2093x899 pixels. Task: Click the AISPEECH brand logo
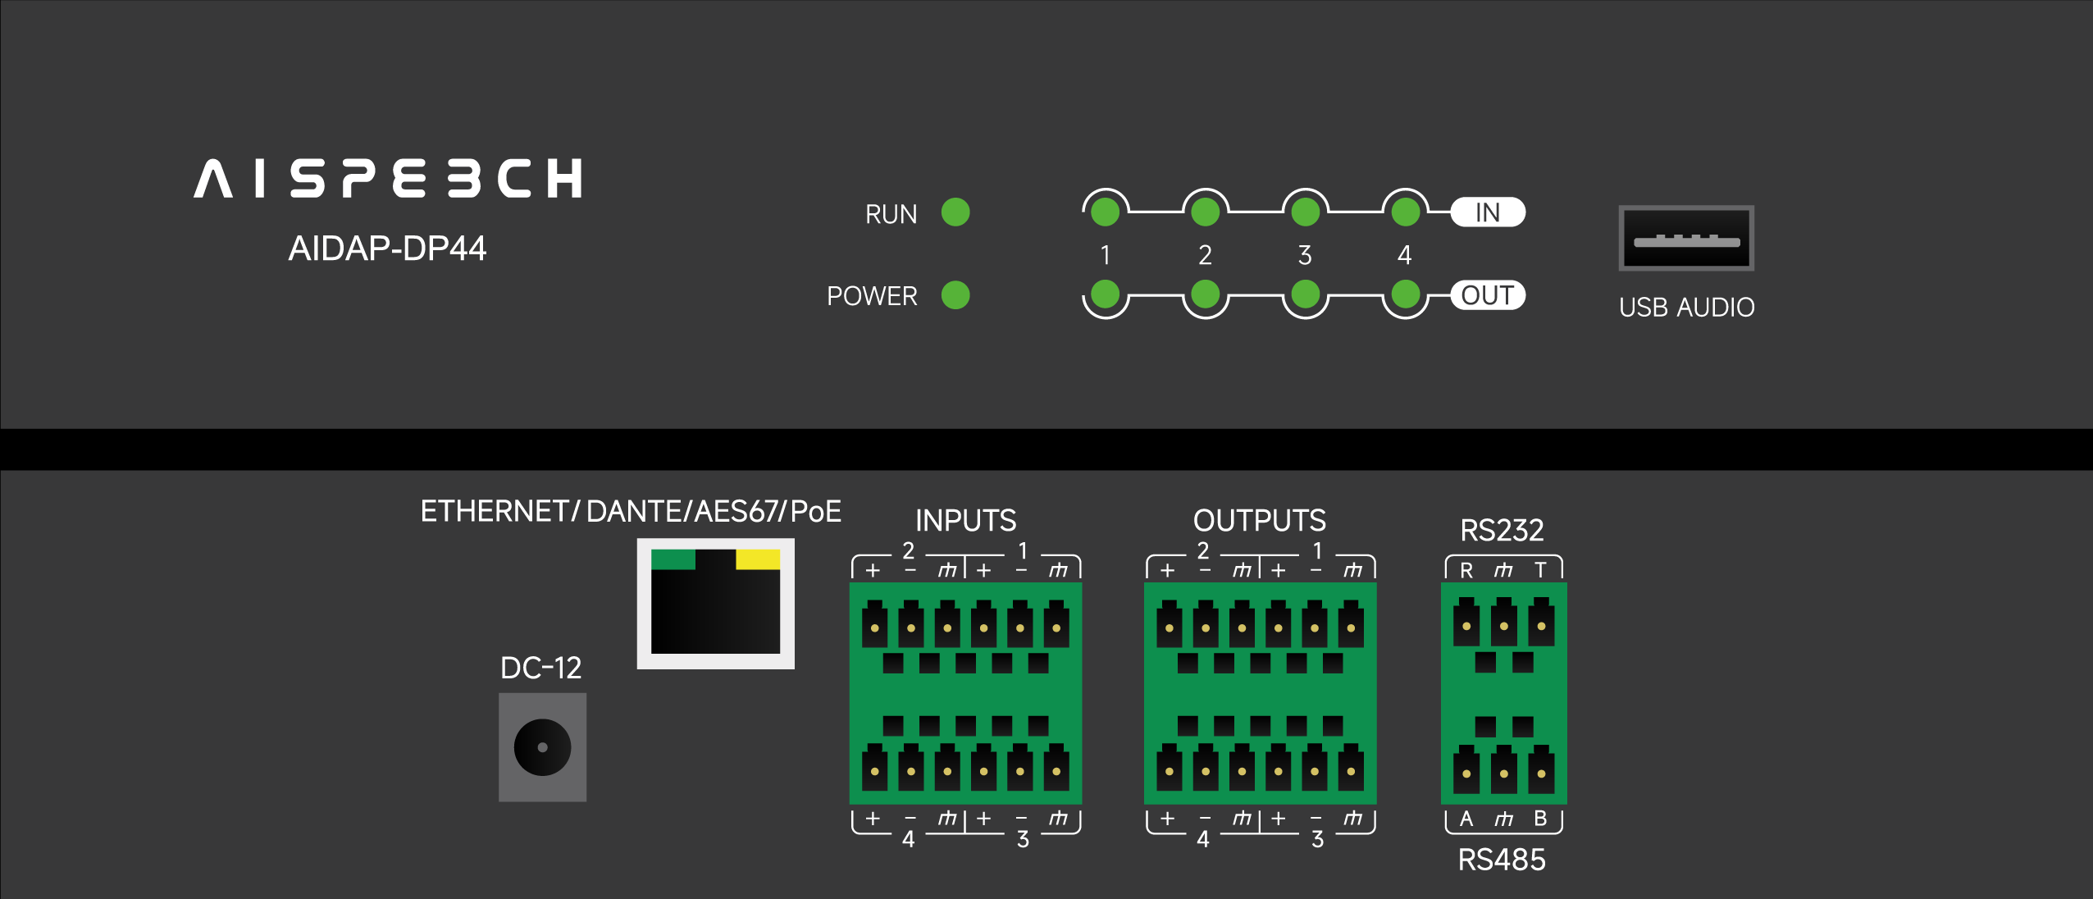coord(388,178)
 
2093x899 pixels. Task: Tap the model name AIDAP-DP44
coord(387,248)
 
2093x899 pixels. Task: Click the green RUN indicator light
coord(955,212)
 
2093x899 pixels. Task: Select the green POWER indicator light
coord(955,294)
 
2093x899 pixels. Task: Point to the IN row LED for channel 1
coord(1106,212)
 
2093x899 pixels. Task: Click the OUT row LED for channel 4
coord(1406,294)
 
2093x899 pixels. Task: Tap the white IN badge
coord(1487,212)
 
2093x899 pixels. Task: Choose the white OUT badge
coord(1487,295)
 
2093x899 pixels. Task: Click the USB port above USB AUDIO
coord(1686,238)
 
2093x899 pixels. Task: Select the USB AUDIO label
coord(1686,308)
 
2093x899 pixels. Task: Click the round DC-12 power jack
coord(542,747)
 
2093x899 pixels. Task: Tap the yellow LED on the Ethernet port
coord(758,559)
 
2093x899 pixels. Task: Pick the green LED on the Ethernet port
coord(673,559)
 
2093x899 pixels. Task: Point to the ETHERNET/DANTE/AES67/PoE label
coord(631,511)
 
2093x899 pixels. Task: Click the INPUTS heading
coord(965,520)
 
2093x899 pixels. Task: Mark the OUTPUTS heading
coord(1259,520)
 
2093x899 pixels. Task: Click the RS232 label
coord(1502,530)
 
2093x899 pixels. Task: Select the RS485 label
coord(1502,860)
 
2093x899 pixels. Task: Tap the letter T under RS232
coord(1540,570)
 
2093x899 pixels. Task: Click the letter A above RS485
coord(1466,819)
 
